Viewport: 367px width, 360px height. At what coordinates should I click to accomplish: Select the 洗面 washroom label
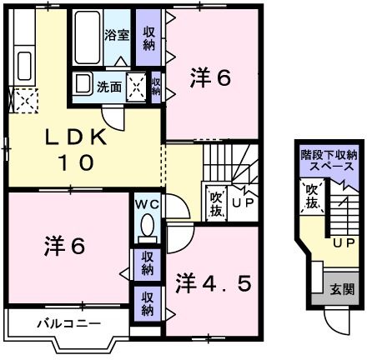click(108, 85)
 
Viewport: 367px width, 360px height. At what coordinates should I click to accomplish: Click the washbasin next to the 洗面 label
click(83, 84)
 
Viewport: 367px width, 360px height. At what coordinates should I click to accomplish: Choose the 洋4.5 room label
click(213, 282)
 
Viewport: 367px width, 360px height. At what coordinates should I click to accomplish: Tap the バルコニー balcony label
click(68, 322)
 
